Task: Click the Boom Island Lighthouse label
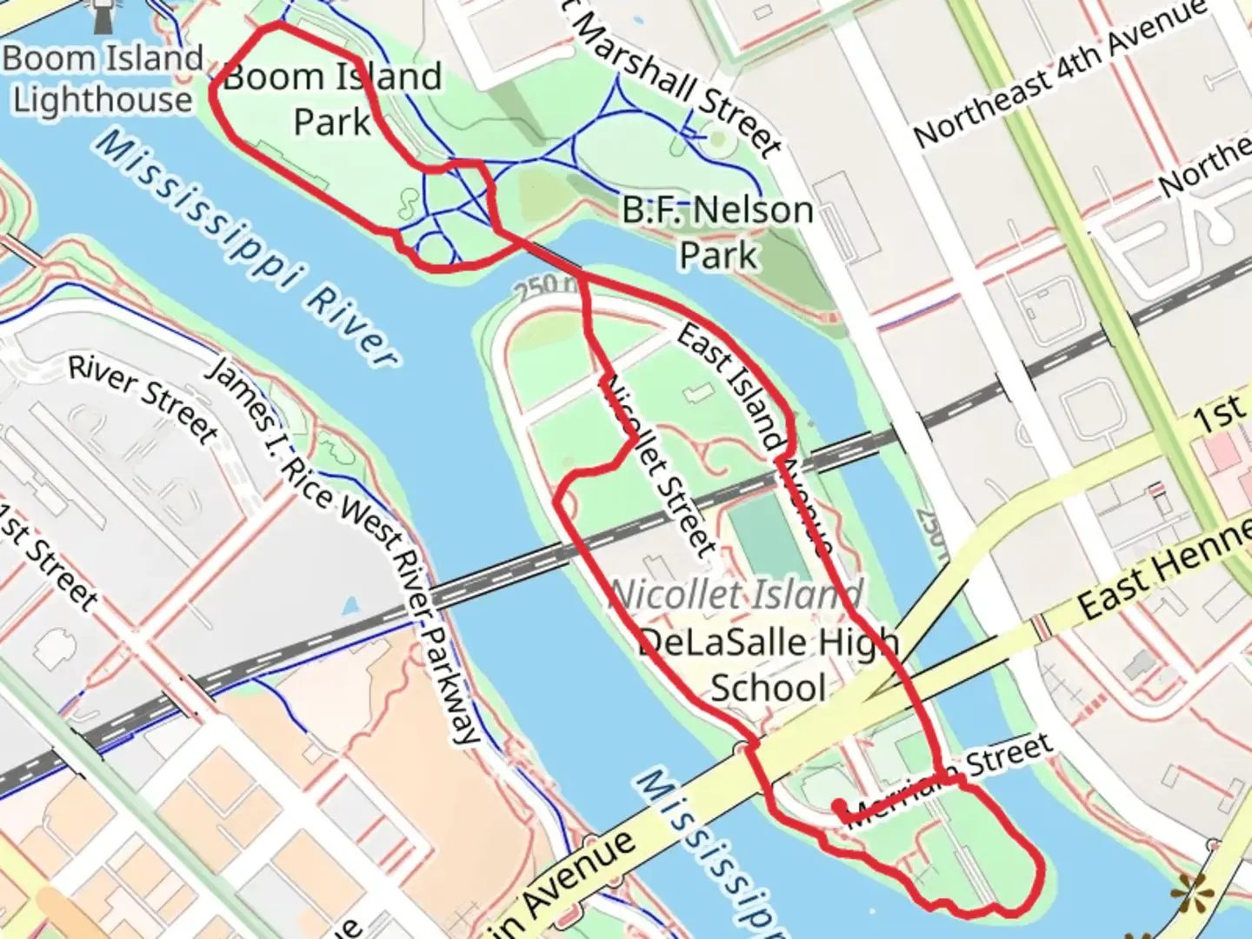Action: tap(103, 79)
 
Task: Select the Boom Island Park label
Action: tap(332, 99)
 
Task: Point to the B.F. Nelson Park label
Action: tap(718, 232)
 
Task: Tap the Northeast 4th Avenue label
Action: tap(1061, 73)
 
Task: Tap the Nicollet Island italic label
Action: tap(736, 595)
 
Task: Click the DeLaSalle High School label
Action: tap(769, 665)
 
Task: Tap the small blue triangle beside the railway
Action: tap(350, 605)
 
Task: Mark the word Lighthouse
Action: tap(103, 100)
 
